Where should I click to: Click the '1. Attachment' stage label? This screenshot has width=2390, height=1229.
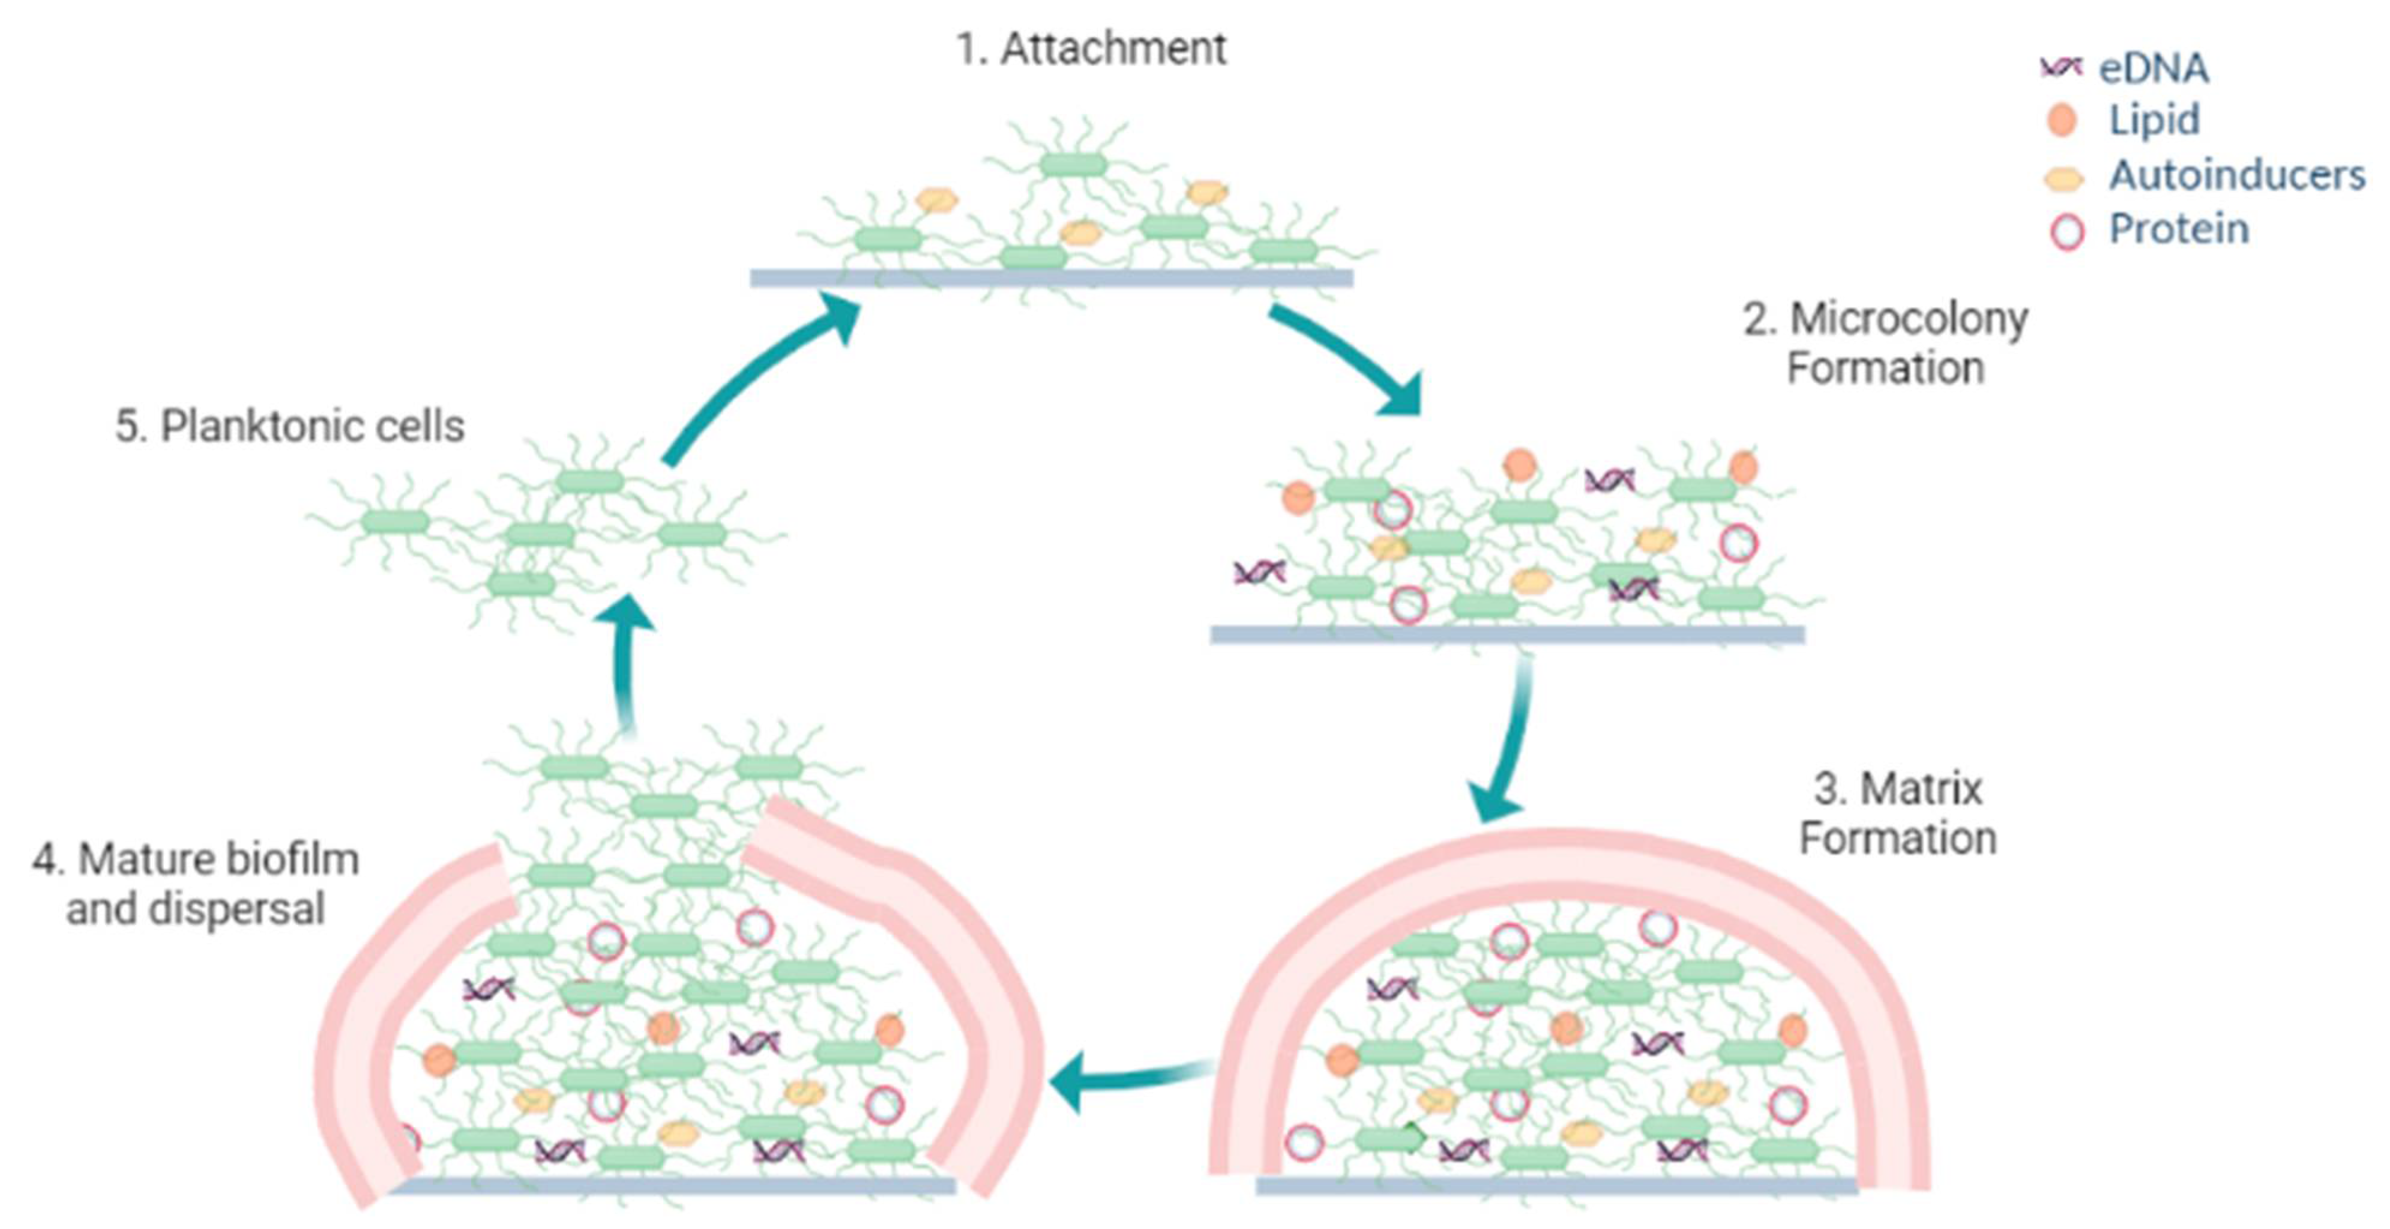click(x=1091, y=48)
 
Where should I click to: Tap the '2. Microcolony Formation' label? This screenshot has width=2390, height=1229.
click(x=1885, y=344)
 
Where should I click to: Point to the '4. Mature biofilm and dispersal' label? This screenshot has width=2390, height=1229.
click(x=196, y=884)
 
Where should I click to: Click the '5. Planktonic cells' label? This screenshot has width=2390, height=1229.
click(x=289, y=426)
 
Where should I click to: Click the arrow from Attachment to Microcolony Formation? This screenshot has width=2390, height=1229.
click(x=1345, y=357)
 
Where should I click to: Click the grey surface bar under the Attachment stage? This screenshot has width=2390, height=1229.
click(x=1051, y=278)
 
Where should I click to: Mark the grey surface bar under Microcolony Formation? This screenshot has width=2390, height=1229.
click(x=1508, y=634)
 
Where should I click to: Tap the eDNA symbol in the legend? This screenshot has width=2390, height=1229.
click(x=2060, y=67)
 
